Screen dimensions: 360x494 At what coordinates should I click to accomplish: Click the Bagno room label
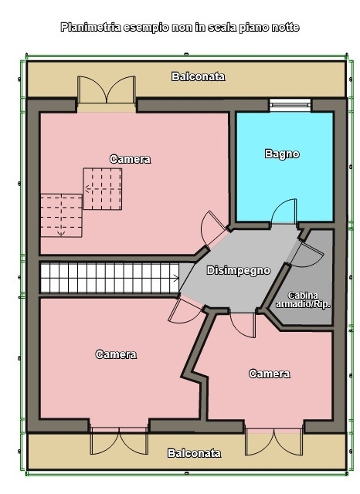tap(282, 154)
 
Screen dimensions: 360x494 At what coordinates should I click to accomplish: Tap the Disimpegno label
tap(239, 271)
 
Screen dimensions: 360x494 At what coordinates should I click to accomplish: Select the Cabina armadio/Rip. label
tap(303, 300)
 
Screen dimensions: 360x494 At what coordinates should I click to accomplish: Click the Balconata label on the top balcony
tap(199, 76)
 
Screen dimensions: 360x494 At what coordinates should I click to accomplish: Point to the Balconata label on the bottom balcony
tap(194, 453)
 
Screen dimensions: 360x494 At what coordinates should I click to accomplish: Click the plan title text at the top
tap(180, 27)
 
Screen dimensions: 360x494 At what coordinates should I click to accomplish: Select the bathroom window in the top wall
tap(290, 105)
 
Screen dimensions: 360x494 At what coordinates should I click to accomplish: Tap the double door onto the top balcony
tap(107, 90)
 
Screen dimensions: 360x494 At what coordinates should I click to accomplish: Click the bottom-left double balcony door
tap(119, 441)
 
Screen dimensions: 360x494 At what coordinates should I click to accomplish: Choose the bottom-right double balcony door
tap(274, 442)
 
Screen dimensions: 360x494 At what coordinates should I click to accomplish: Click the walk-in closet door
tap(307, 254)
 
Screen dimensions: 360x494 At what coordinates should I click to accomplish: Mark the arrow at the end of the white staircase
tap(175, 278)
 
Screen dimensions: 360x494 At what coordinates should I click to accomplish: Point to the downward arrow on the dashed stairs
tap(61, 233)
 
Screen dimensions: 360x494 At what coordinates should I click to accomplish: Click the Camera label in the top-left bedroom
tap(131, 159)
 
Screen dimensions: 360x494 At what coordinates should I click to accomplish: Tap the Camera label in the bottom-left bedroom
tap(116, 354)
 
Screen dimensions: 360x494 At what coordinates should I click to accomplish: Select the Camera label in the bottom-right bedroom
tap(270, 374)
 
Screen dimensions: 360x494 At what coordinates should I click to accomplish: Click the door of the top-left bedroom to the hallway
tap(212, 228)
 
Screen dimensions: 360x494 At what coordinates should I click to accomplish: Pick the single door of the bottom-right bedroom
tap(243, 324)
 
